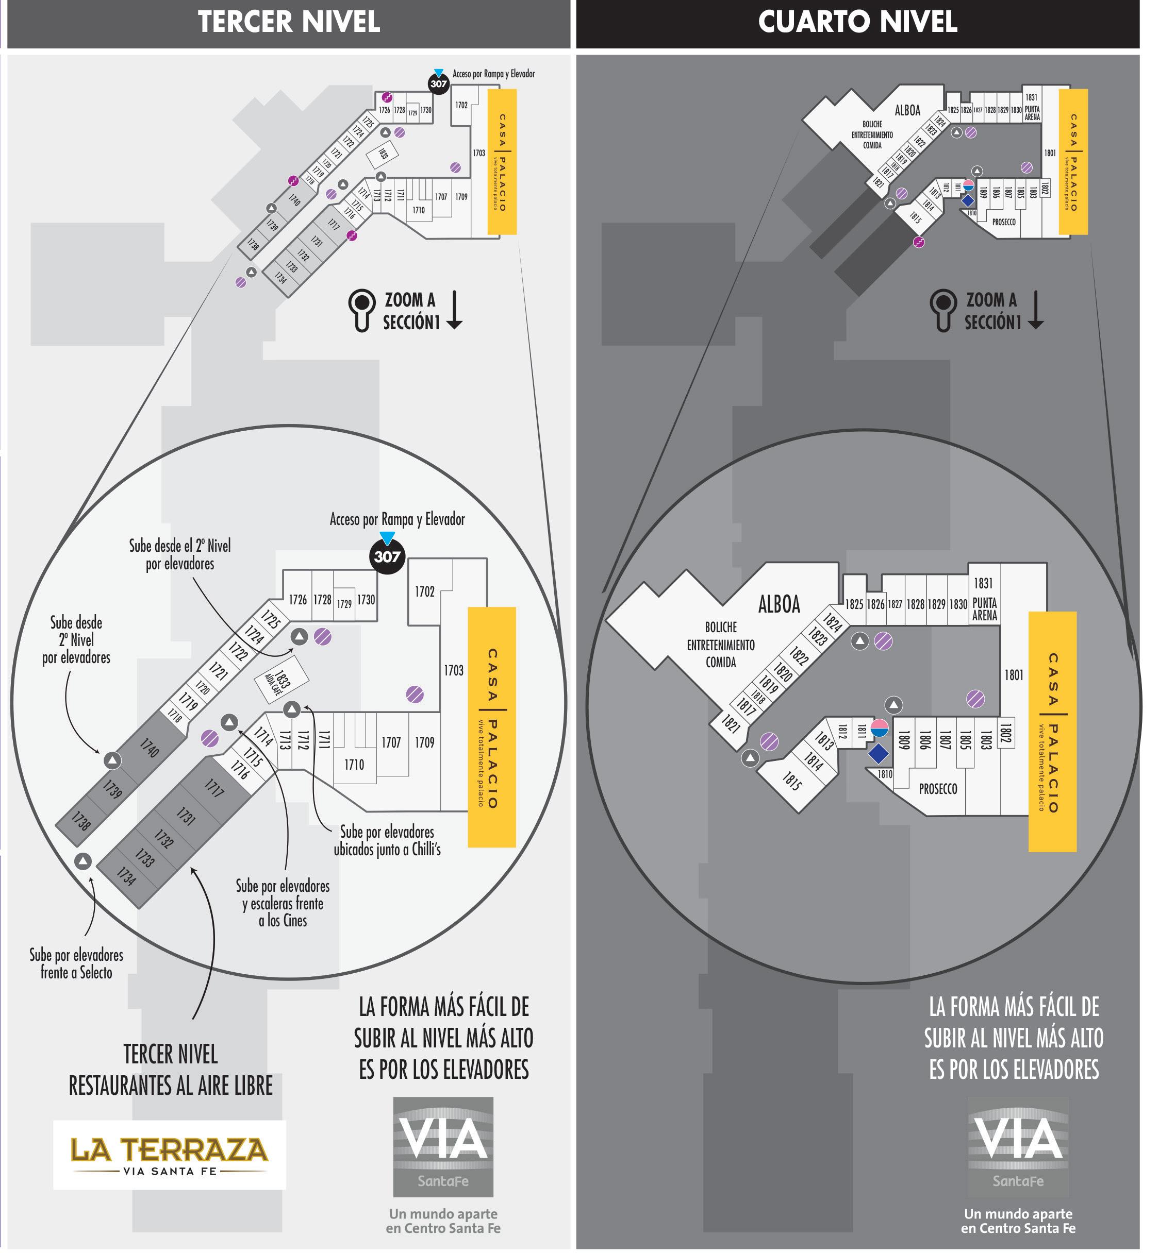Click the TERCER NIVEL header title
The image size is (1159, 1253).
[x=289, y=22]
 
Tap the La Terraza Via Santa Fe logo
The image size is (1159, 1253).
[x=169, y=1155]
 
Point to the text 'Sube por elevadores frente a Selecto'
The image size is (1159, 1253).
[x=76, y=963]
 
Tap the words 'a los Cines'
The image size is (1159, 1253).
[x=283, y=920]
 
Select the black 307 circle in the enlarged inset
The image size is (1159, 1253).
[x=387, y=556]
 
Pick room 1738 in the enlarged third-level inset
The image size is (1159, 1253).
[x=81, y=821]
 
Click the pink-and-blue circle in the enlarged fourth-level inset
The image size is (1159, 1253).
[x=880, y=727]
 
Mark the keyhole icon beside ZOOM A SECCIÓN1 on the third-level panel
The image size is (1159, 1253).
[x=362, y=310]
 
